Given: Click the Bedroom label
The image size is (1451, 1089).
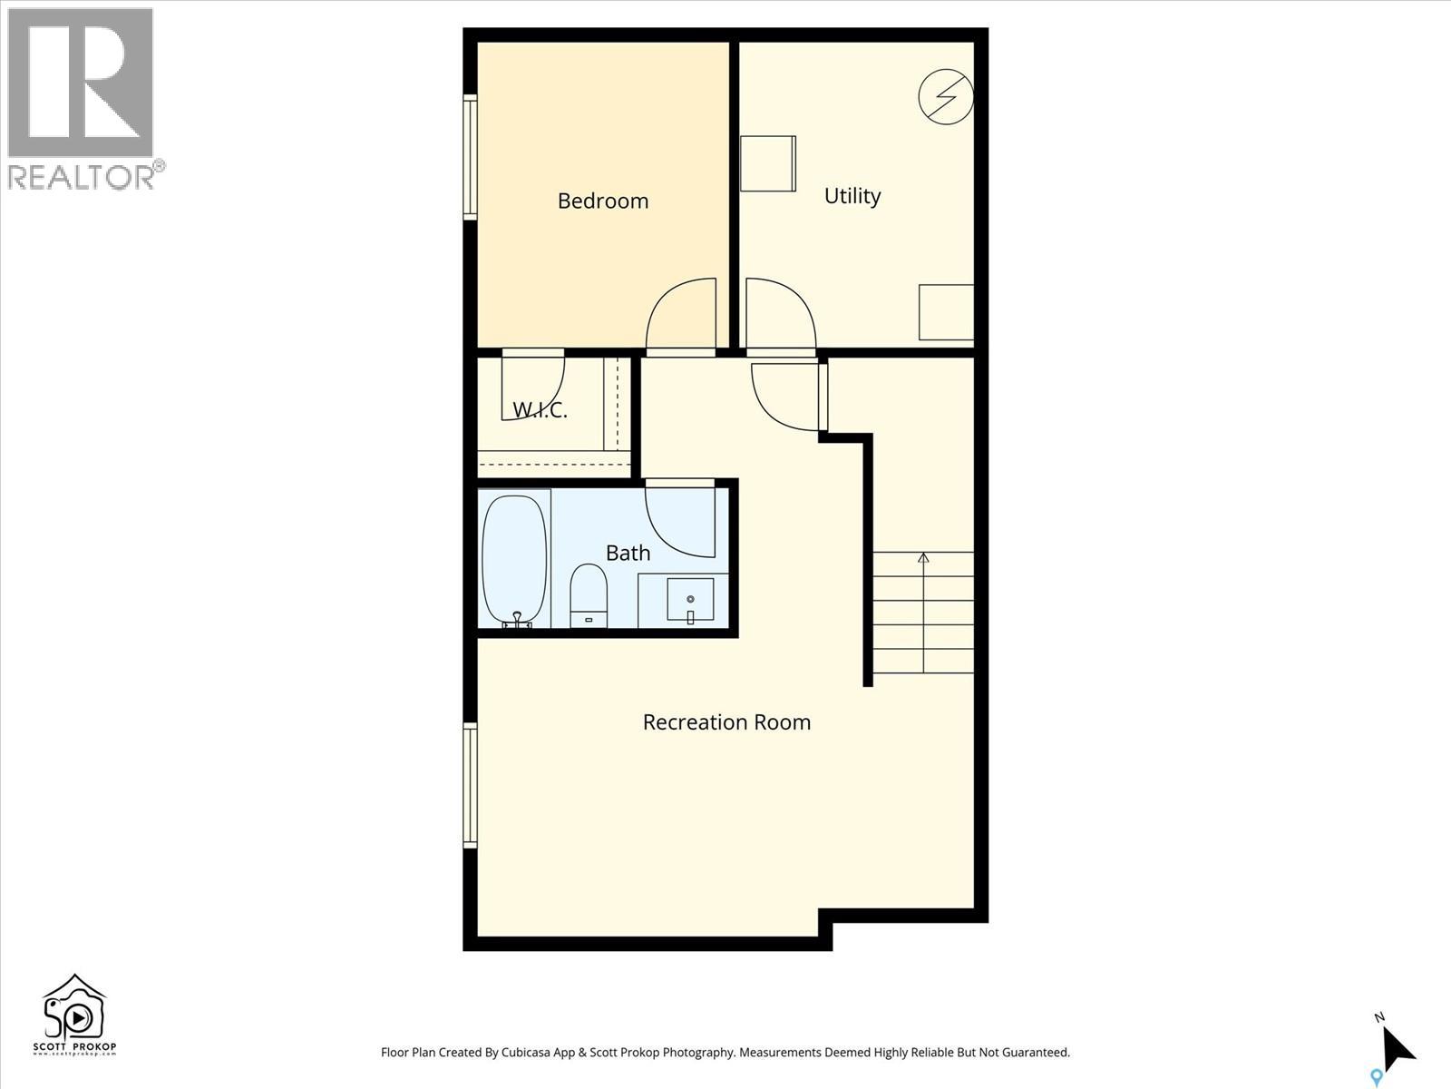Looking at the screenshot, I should [602, 201].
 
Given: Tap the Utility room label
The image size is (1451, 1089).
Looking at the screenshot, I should [852, 196].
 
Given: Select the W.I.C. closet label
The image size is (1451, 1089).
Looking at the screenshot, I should [540, 410].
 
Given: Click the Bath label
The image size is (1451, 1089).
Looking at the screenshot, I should [628, 553].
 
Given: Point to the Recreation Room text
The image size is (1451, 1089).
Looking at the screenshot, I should [726, 722].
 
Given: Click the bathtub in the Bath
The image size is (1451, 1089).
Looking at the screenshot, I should [514, 559].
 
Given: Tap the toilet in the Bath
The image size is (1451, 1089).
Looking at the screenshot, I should [589, 594].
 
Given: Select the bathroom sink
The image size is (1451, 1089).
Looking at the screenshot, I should [690, 600].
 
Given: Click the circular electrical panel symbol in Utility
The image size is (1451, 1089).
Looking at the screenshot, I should [945, 96].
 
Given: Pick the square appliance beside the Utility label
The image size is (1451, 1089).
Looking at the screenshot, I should [767, 163].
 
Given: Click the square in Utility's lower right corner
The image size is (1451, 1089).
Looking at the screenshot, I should [946, 312].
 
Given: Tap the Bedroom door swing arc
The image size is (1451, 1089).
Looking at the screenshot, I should [682, 313].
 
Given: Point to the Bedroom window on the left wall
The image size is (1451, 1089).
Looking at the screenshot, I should [470, 157].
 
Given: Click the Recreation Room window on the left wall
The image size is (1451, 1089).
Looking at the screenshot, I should [470, 785].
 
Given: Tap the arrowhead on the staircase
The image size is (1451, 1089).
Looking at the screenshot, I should [923, 557].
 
